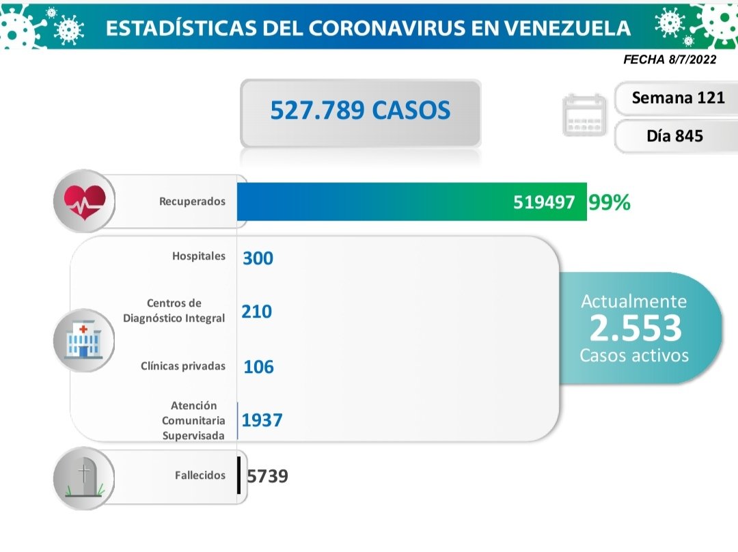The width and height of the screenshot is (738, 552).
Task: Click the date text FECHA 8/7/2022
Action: (670, 59)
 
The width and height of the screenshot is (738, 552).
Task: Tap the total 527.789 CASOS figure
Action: (360, 110)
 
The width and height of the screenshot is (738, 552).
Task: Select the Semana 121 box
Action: (678, 98)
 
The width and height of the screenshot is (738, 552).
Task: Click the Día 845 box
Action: (674, 136)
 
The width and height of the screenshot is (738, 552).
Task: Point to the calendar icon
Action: (584, 115)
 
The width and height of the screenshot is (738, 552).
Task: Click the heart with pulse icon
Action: (85, 201)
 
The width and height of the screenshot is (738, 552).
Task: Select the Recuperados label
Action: (192, 202)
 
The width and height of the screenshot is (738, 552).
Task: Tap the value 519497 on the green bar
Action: (544, 203)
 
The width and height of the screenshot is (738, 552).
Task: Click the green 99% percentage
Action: (609, 203)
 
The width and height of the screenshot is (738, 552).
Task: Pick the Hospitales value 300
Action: (258, 258)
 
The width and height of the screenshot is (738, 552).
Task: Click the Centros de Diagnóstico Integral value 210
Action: (256, 312)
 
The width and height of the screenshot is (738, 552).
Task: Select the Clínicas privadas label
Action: (183, 366)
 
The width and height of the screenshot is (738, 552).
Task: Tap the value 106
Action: (258, 367)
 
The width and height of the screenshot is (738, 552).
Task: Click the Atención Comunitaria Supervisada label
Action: (193, 420)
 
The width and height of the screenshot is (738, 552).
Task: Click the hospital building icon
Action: (83, 340)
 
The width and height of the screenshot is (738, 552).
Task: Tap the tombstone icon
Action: (84, 475)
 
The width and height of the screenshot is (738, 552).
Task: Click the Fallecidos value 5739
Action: (267, 475)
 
